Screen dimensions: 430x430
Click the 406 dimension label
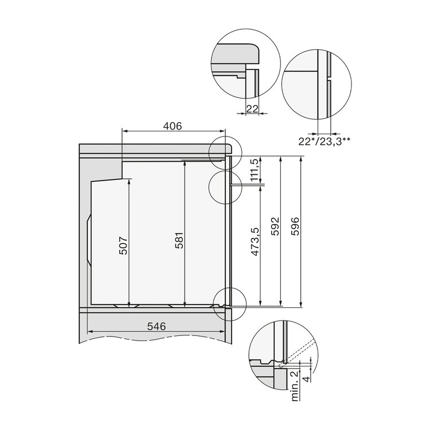(x=173, y=126)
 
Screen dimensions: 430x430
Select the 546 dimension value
(x=157, y=326)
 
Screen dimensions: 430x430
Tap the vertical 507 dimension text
(x=124, y=245)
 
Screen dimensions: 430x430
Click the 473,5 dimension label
(x=256, y=241)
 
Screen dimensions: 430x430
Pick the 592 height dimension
(x=275, y=226)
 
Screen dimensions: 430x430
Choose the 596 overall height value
(x=295, y=226)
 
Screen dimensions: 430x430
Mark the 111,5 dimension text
(x=255, y=171)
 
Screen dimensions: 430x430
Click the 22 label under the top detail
(x=252, y=109)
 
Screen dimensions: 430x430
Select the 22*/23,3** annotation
(x=325, y=141)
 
